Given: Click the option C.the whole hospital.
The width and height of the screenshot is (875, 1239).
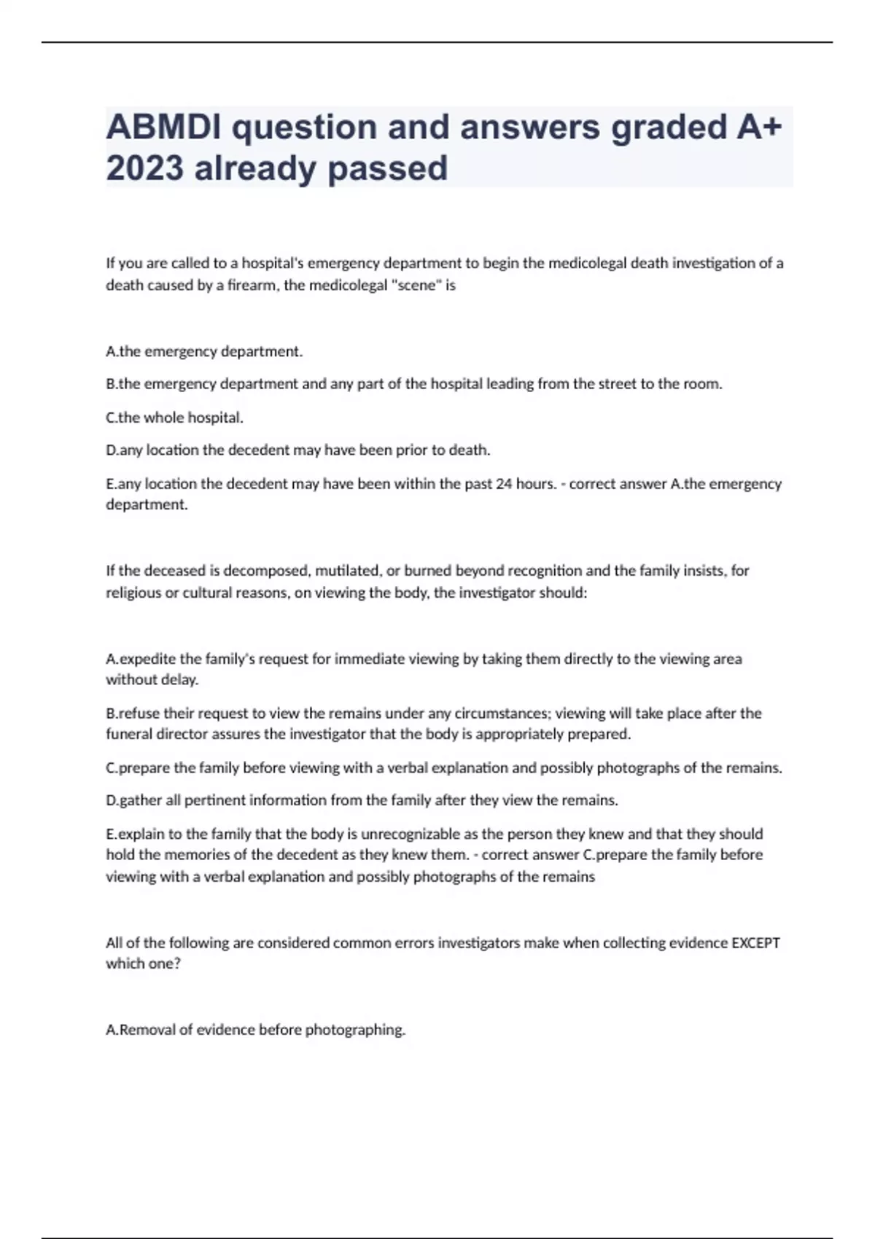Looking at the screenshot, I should coord(175,418).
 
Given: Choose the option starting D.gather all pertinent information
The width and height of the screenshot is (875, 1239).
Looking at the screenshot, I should coord(362,800).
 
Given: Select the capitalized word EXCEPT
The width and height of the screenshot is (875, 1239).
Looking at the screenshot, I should coord(755,942).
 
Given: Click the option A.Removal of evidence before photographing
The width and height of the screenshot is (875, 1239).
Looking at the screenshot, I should coord(255,1030).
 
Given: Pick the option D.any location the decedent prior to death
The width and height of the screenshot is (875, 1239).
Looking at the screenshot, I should coord(297,450).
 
